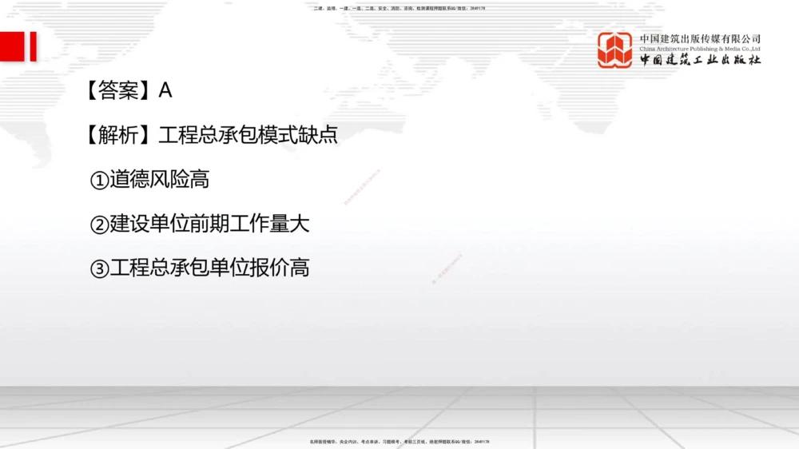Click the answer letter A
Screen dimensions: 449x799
pyautogui.click(x=165, y=90)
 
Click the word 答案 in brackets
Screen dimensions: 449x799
pyautogui.click(x=118, y=90)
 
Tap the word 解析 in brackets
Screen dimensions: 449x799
pyautogui.click(x=118, y=135)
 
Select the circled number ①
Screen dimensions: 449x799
pyautogui.click(x=99, y=181)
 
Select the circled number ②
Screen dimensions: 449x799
pyautogui.click(x=99, y=225)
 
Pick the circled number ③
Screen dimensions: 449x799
pyautogui.click(x=99, y=269)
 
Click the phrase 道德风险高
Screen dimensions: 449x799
pyautogui.click(x=160, y=180)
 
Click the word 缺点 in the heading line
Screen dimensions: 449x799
pyautogui.click(x=318, y=135)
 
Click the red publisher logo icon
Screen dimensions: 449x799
pyautogui.click(x=614, y=50)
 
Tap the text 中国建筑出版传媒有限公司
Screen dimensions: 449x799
pyautogui.click(x=700, y=38)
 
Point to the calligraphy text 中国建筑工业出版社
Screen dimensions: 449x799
pyautogui.click(x=700, y=60)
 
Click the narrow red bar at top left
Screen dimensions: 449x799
pyautogui.click(x=34, y=46)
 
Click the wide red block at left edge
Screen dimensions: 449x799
pyautogui.click(x=11, y=46)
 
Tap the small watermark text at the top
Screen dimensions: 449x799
pyautogui.click(x=399, y=9)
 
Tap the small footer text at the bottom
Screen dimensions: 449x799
pyautogui.click(x=399, y=441)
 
